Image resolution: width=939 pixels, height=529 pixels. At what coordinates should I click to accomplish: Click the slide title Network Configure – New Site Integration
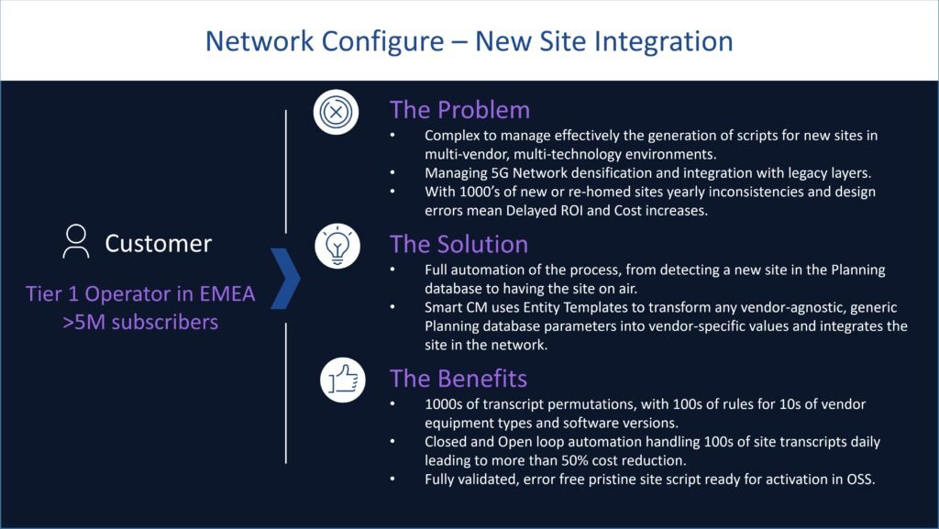469,41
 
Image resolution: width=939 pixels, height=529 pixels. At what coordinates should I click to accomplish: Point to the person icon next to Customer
76,242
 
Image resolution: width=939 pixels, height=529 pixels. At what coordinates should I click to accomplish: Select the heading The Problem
459,110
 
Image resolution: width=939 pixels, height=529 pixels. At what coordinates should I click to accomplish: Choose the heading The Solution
458,244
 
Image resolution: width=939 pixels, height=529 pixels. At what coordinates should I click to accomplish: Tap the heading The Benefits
458,378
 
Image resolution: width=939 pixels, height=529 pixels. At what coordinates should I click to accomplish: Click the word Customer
158,243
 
